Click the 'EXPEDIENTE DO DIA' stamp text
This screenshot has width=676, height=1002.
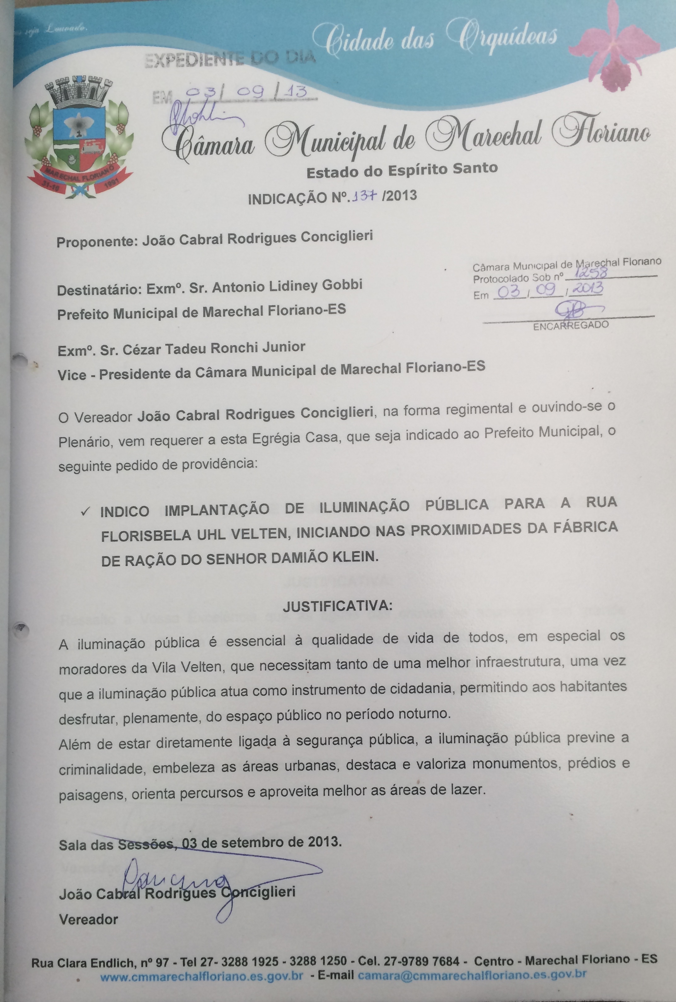click(x=230, y=61)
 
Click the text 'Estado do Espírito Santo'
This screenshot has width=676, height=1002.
click(x=402, y=170)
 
